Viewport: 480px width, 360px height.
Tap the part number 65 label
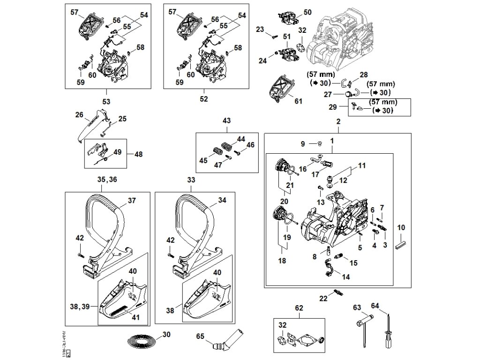coord(200,336)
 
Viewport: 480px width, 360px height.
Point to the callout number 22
coord(323,298)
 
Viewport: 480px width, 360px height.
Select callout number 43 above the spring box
coord(226,120)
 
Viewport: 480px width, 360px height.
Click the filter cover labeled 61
coord(279,89)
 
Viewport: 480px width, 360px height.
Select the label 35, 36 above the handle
coord(107,180)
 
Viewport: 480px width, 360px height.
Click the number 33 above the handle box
coord(191,180)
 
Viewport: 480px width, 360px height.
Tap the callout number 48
coord(138,154)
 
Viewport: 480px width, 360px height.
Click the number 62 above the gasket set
coord(299,308)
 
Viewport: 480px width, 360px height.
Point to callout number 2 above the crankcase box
coord(338,122)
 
